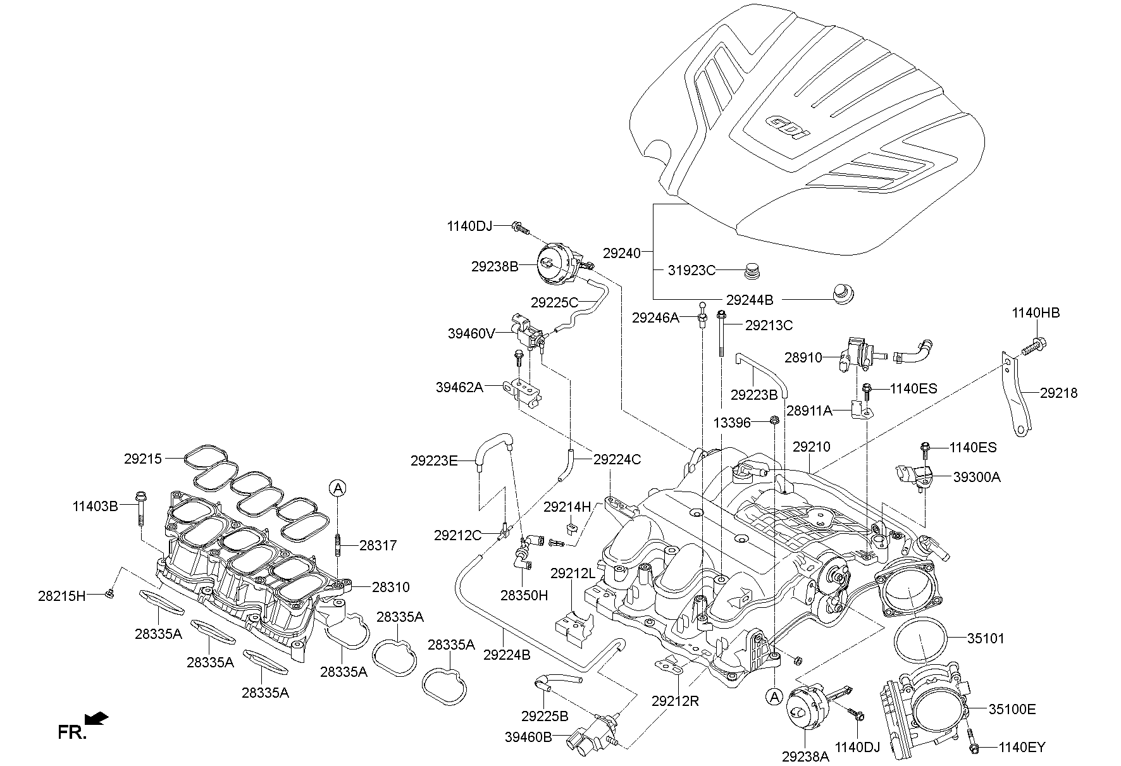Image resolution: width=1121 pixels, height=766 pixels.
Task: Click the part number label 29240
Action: [621, 253]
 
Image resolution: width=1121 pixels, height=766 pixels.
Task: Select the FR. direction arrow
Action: [96, 719]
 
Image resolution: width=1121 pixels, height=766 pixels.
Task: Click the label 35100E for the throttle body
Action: [1012, 710]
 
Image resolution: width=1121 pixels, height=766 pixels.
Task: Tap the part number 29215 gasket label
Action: [143, 459]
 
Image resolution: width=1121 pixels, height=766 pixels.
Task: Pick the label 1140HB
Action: [1036, 312]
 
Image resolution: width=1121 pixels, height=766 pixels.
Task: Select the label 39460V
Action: [471, 333]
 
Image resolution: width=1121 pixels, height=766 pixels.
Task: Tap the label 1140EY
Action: [1022, 748]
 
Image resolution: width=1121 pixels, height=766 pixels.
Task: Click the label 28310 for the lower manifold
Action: [390, 587]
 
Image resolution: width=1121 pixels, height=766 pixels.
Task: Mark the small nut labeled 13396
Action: [773, 420]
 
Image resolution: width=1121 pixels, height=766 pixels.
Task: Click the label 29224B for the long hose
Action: [507, 655]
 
